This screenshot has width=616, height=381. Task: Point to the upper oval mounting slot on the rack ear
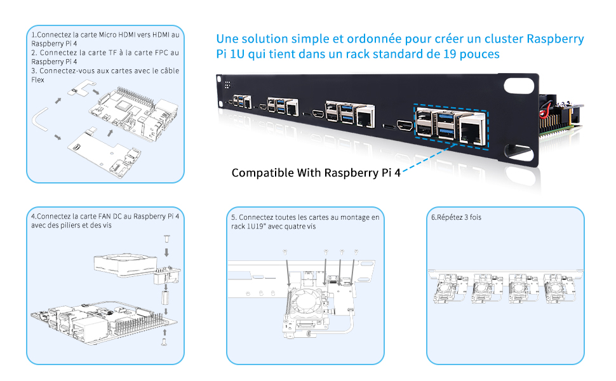pos(520,86)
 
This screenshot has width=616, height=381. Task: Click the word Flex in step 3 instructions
pos(37,80)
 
